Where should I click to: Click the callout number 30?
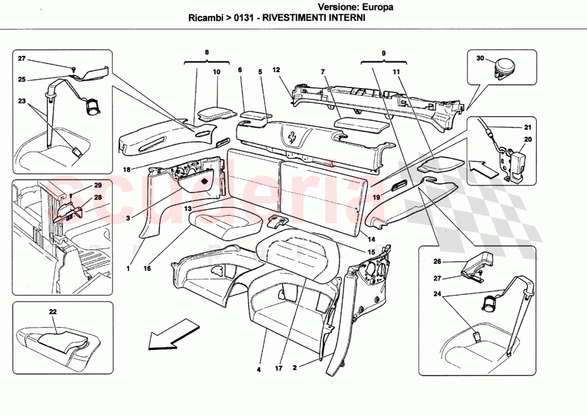[480, 58]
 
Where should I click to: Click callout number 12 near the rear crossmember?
[276, 70]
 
